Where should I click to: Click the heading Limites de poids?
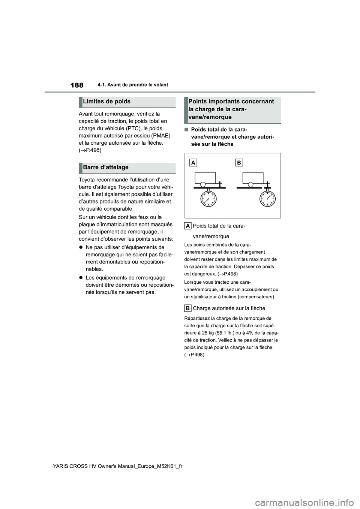click(106, 102)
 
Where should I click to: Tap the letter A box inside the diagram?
click(193, 163)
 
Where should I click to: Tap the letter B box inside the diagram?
click(239, 163)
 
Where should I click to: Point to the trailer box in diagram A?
click(205, 178)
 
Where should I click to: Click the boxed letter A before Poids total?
click(188, 226)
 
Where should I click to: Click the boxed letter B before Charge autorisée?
click(188, 308)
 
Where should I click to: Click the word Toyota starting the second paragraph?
click(87, 180)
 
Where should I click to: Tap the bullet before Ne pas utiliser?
click(81, 247)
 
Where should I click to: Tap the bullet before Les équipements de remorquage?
click(81, 278)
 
